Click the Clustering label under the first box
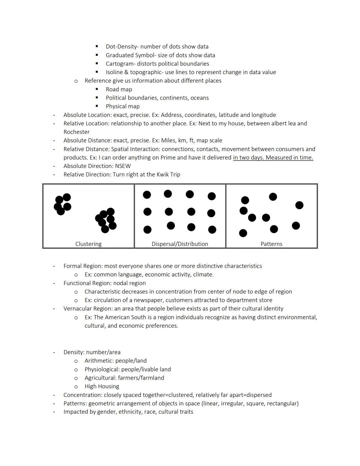(88, 244)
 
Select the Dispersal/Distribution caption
(180, 244)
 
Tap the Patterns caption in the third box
(271, 244)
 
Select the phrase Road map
(119, 89)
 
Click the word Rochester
(76, 132)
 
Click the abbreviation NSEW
(123, 166)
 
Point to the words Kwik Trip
(168, 174)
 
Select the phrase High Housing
(102, 386)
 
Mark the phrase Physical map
(123, 106)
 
